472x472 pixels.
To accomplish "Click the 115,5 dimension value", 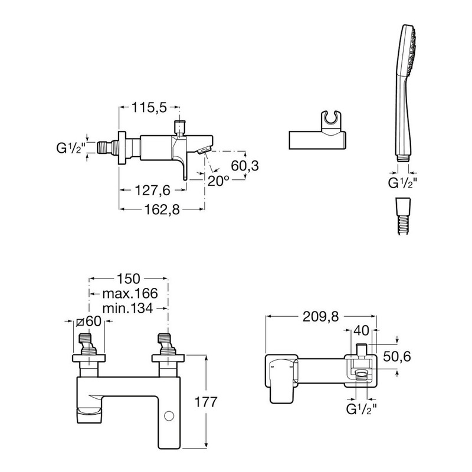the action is pos(149,107).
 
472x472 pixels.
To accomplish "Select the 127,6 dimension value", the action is pos(153,190).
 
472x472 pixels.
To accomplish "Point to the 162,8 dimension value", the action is pos(162,209).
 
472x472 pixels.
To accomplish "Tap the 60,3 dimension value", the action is pos(245,166).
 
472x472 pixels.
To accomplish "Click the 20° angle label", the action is pos(218,181).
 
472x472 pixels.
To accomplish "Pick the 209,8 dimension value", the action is pos(320,317).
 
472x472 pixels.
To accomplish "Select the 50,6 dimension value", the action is pos(396,357).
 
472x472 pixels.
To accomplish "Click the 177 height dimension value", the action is pos(206,402).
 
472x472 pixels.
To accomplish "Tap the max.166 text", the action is pos(130,293).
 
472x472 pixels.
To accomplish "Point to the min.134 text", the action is pos(127,308).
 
